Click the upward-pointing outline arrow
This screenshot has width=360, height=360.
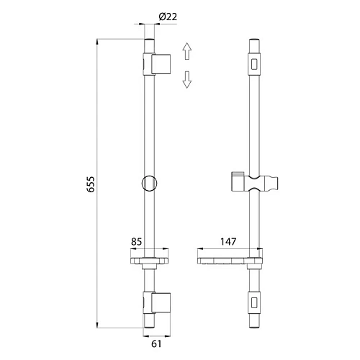point(187,51)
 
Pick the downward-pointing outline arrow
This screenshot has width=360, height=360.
point(187,79)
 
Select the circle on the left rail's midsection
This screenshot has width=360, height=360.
point(150,184)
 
